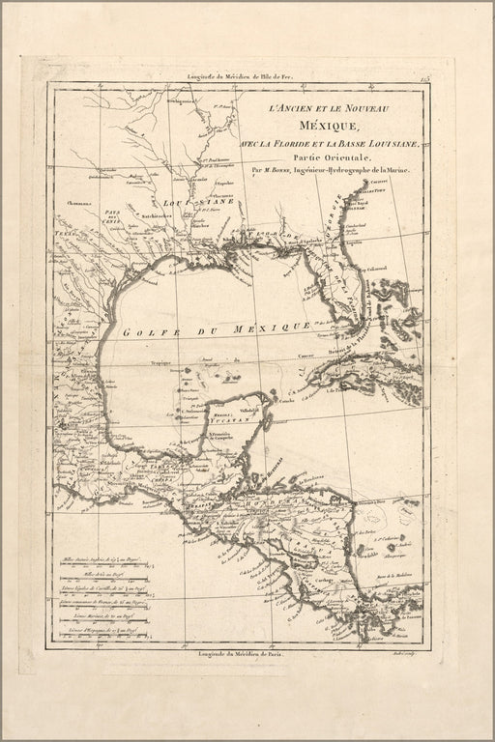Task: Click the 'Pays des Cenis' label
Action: pos(115,214)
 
